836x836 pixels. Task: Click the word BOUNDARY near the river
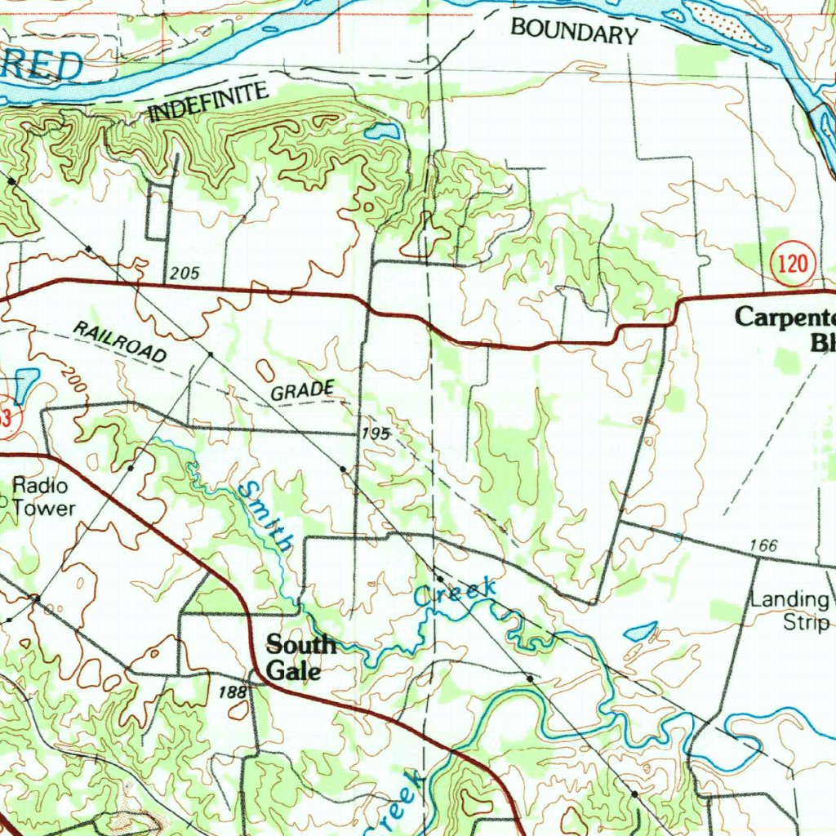[573, 32]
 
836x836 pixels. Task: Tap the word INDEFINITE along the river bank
[209, 102]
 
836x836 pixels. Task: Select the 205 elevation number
[186, 273]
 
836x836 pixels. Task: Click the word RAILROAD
[119, 341]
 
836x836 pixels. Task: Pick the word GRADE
[302, 390]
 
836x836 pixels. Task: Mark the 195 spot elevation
[376, 434]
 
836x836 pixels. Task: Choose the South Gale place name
[300, 657]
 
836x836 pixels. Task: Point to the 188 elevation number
[232, 692]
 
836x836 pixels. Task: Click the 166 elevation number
[762, 545]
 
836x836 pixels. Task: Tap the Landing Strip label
[790, 611]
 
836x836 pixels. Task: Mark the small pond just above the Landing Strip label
[640, 631]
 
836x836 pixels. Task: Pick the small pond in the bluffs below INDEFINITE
[382, 131]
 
